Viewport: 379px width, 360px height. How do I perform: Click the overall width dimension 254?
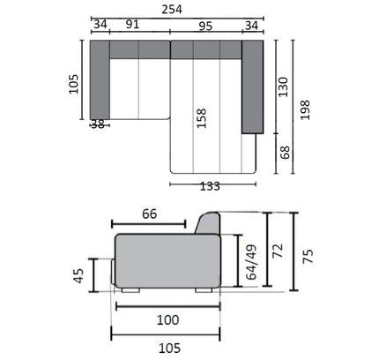pos(172,10)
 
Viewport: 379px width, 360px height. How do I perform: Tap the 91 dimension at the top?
pos(132,24)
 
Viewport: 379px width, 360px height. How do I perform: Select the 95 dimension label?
pos(205,26)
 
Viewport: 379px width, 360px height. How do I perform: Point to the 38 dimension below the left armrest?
pos(98,124)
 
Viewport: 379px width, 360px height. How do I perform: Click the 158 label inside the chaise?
pos(202,118)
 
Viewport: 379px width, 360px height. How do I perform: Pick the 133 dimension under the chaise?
pos(210,186)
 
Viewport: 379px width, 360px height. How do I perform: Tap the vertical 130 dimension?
pos(284,87)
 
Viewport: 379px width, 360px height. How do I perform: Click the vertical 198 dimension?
pos(305,110)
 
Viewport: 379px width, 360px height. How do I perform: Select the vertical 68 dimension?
pos(285,153)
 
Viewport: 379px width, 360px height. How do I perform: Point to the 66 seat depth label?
pos(150,214)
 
